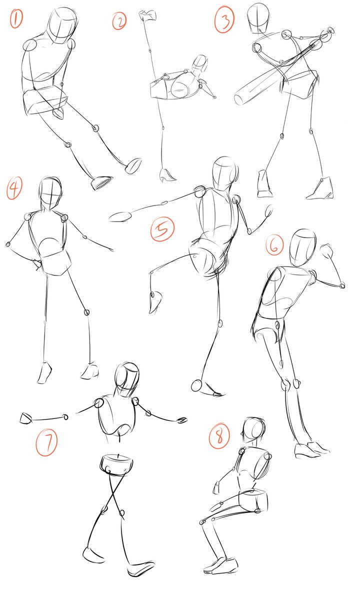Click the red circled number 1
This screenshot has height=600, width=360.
coord(16,17)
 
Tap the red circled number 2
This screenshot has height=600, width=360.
coord(119,21)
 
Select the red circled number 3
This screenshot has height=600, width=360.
coord(224,19)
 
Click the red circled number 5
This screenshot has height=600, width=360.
coord(162,229)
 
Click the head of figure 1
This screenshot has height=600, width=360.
coord(62,25)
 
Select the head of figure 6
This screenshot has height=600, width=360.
coord(302,247)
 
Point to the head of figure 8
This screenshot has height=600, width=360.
coord(254,430)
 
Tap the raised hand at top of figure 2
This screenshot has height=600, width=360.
coord(147,15)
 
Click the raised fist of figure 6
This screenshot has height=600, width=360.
coord(327,251)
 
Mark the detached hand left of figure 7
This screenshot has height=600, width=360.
coord(26,418)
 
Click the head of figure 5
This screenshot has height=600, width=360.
coord(225,173)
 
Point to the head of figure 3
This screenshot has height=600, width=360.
coord(258,17)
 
